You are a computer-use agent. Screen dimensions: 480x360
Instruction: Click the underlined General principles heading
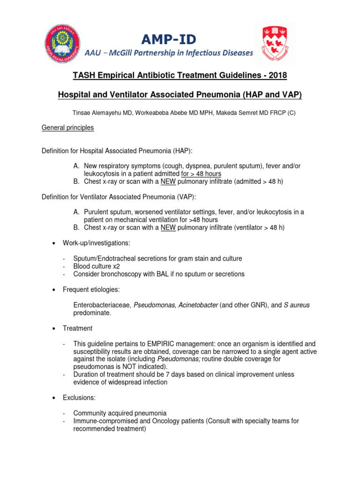(x=67, y=127)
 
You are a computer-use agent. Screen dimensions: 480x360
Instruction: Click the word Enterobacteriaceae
(x=102, y=305)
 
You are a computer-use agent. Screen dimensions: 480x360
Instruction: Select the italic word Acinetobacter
(x=199, y=305)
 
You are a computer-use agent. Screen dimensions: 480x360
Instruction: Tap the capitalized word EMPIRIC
(x=165, y=344)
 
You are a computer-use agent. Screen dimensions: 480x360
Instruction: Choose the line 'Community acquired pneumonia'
(x=120, y=413)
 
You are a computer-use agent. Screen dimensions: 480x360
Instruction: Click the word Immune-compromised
(x=104, y=421)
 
